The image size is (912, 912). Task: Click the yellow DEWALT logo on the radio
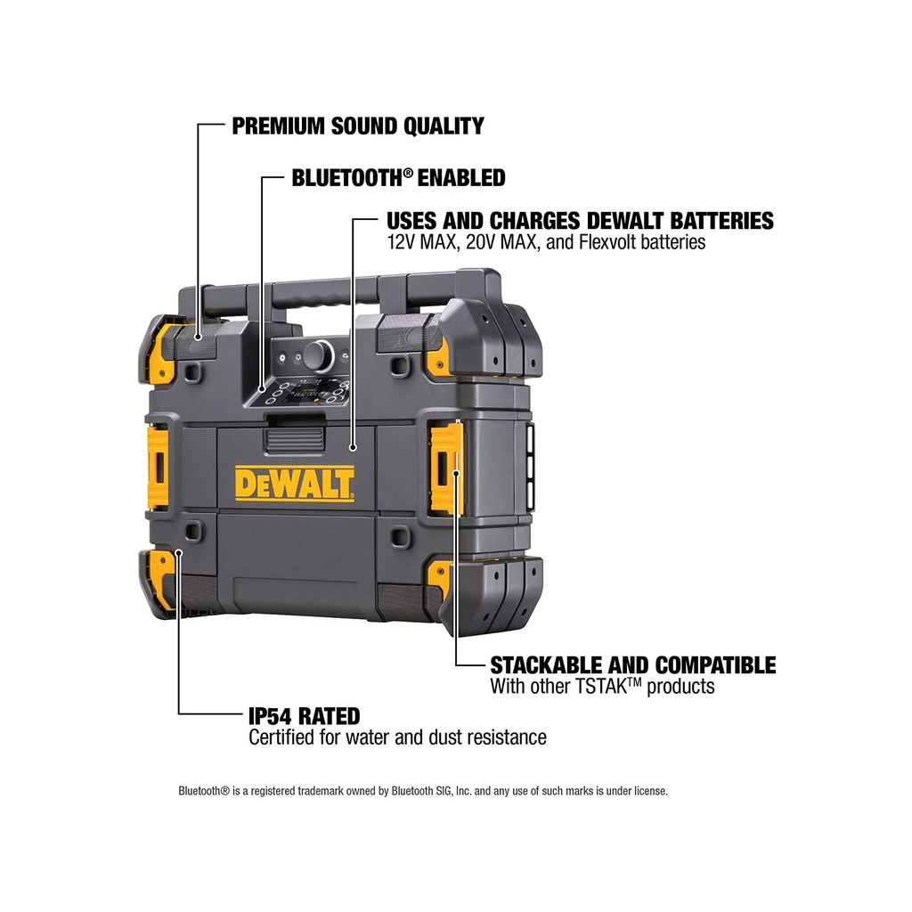tap(294, 484)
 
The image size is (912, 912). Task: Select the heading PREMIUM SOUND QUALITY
tap(358, 126)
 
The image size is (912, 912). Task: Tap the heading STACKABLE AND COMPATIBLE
tap(633, 664)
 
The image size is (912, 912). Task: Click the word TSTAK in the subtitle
tap(607, 687)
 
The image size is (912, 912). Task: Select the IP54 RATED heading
tap(305, 716)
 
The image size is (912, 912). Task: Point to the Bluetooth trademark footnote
tap(423, 791)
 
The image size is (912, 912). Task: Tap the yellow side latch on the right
tap(447, 468)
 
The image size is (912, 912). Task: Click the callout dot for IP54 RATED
tap(178, 552)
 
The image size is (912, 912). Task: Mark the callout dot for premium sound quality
tap(198, 337)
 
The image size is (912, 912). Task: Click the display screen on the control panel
tap(310, 390)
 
